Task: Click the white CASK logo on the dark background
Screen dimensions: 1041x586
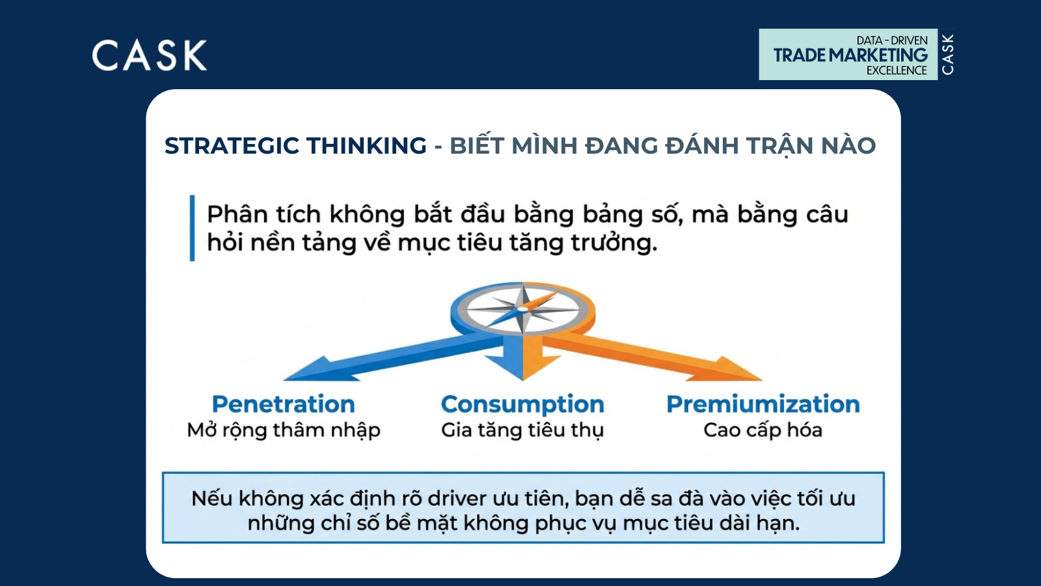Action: [149, 55]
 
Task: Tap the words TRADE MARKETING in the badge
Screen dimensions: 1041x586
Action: [850, 55]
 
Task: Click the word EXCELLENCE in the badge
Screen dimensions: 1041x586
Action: [897, 70]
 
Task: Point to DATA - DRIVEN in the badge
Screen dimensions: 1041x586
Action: [892, 40]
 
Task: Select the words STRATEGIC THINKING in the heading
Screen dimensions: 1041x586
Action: [295, 146]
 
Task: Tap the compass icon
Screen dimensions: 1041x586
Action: [523, 309]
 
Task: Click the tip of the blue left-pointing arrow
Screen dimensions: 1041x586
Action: [284, 380]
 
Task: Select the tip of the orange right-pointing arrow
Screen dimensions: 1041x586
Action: [762, 380]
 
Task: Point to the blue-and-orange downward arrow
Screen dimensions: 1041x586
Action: [523, 358]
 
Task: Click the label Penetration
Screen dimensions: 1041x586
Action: [284, 404]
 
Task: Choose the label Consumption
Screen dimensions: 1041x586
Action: [522, 404]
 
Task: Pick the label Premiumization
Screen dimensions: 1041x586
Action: [763, 404]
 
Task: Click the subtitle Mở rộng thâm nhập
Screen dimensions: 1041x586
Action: [284, 430]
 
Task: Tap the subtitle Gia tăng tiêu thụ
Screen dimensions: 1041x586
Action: [522, 430]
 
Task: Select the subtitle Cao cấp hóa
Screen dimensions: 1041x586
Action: [763, 430]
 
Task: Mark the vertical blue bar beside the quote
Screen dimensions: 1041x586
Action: [192, 228]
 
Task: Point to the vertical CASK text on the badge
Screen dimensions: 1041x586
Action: [947, 55]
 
